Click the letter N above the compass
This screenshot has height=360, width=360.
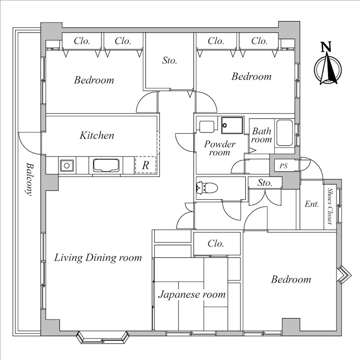coord(326,47)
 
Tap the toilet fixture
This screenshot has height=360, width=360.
coord(207,188)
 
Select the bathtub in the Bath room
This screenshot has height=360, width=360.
coord(284,133)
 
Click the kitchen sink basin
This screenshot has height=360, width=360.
coord(67,165)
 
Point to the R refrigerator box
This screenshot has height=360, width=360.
coord(145,165)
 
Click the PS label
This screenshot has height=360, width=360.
coord(283,166)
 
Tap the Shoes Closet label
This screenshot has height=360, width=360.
coord(330,206)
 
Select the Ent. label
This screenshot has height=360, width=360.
coord(312,204)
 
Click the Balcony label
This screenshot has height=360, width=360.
coord(29,179)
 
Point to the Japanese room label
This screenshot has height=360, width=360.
coord(192,295)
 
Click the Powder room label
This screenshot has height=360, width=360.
coord(220,148)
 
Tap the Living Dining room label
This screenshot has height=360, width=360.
coord(98,257)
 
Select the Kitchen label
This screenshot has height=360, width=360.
coord(97,135)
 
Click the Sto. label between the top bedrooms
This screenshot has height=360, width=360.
coord(170,60)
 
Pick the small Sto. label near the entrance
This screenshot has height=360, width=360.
coord(265,183)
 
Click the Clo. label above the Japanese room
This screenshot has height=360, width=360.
coord(216,243)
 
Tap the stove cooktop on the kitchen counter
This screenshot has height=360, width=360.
coord(106,165)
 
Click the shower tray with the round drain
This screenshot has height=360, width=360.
coord(232,126)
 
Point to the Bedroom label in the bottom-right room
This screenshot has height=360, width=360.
coord(291,279)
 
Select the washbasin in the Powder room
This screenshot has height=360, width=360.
coord(207,127)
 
